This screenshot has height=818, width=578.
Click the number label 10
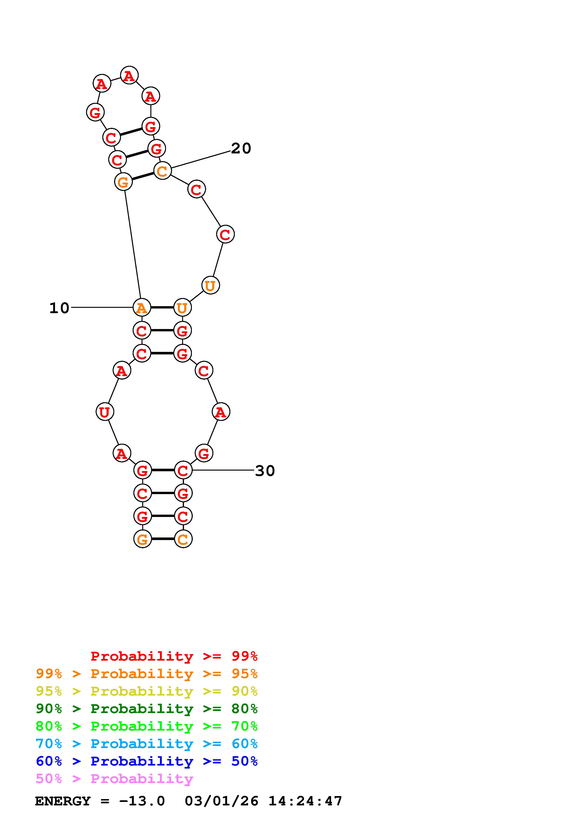click(x=59, y=308)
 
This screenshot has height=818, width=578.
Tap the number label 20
click(x=241, y=149)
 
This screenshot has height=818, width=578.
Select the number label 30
click(x=265, y=471)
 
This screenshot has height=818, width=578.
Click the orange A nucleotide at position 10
click(x=142, y=308)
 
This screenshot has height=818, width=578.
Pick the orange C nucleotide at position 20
click(x=163, y=171)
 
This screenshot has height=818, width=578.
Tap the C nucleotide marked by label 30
click(x=183, y=470)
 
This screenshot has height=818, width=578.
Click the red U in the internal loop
click(x=105, y=412)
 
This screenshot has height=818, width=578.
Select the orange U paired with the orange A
click(x=182, y=308)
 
